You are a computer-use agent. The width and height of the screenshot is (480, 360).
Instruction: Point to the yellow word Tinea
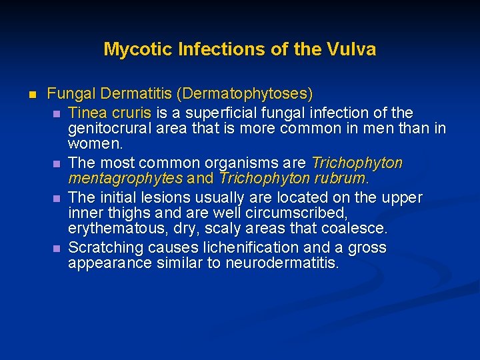point(87,112)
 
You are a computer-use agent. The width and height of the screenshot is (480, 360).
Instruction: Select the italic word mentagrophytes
point(125,179)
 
